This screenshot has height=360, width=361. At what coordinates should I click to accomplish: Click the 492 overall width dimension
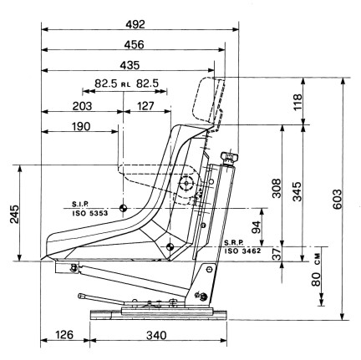click(135, 24)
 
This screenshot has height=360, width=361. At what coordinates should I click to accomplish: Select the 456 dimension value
click(135, 44)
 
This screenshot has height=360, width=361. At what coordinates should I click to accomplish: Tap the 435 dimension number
click(130, 65)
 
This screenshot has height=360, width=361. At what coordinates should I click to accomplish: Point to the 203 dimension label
click(82, 106)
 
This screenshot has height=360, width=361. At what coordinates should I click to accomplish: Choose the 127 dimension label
click(145, 106)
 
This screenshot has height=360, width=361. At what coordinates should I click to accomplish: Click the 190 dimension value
click(81, 127)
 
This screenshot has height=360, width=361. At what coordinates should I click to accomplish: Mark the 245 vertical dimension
click(15, 215)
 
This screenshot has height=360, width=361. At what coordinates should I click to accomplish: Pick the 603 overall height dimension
click(337, 200)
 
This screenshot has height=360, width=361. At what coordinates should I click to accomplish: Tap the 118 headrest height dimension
click(297, 102)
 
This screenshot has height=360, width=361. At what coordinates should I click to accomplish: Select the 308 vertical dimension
click(277, 189)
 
